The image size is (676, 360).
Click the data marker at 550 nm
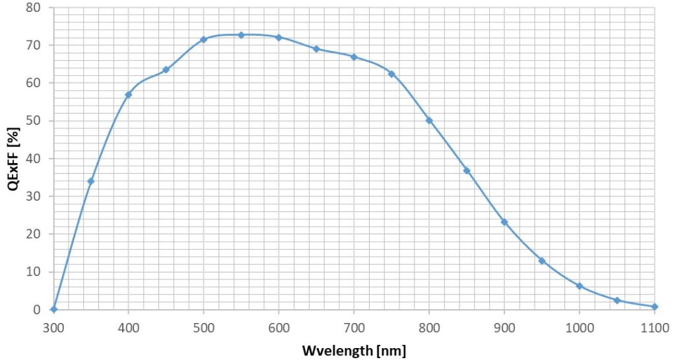241,35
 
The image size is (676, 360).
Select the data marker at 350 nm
90,181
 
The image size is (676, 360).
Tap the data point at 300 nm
53,309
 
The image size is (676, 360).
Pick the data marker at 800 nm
429,120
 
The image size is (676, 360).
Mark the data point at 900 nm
504,222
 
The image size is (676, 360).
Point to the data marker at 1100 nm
654,306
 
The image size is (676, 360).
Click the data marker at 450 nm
166,69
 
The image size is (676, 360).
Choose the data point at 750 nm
391,74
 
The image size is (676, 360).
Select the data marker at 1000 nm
579,286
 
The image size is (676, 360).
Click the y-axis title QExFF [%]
13,159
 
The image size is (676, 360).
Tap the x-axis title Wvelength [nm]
354,349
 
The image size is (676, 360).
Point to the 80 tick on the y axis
33,8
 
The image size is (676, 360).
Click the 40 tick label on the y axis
33,159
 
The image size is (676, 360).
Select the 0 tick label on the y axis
36,310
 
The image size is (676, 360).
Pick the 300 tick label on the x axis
53,326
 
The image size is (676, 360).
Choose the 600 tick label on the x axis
279,326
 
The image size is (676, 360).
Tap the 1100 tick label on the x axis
654,326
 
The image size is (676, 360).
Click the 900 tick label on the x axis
504,326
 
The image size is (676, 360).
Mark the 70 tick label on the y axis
33,46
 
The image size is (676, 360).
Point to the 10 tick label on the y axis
33,271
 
